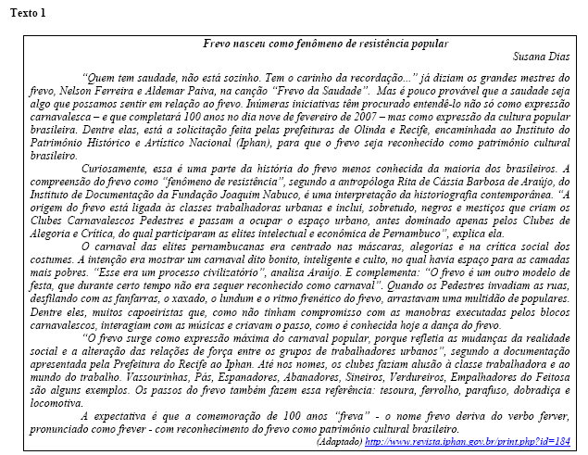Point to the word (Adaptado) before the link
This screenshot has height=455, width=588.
[x=339, y=442]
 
